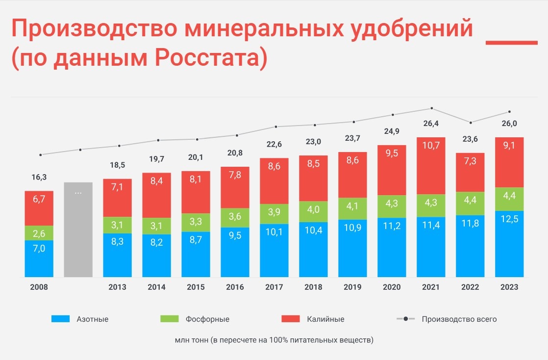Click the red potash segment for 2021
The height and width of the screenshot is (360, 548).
click(431, 165)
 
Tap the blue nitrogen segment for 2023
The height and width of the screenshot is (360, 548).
click(509, 244)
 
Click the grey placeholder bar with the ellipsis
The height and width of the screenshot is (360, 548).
click(78, 229)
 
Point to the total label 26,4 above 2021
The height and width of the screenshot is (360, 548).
click(431, 124)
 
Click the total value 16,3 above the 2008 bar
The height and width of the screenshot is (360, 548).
click(39, 177)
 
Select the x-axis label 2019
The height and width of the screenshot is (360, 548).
click(352, 287)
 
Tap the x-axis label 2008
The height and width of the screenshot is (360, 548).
click(39, 287)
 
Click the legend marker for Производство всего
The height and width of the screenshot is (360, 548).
click(405, 319)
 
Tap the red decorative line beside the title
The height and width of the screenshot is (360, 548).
click(511, 43)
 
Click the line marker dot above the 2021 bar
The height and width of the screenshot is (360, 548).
click(431, 108)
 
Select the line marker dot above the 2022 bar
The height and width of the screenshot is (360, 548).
click(471, 123)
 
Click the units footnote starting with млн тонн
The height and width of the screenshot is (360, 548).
click(274, 339)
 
